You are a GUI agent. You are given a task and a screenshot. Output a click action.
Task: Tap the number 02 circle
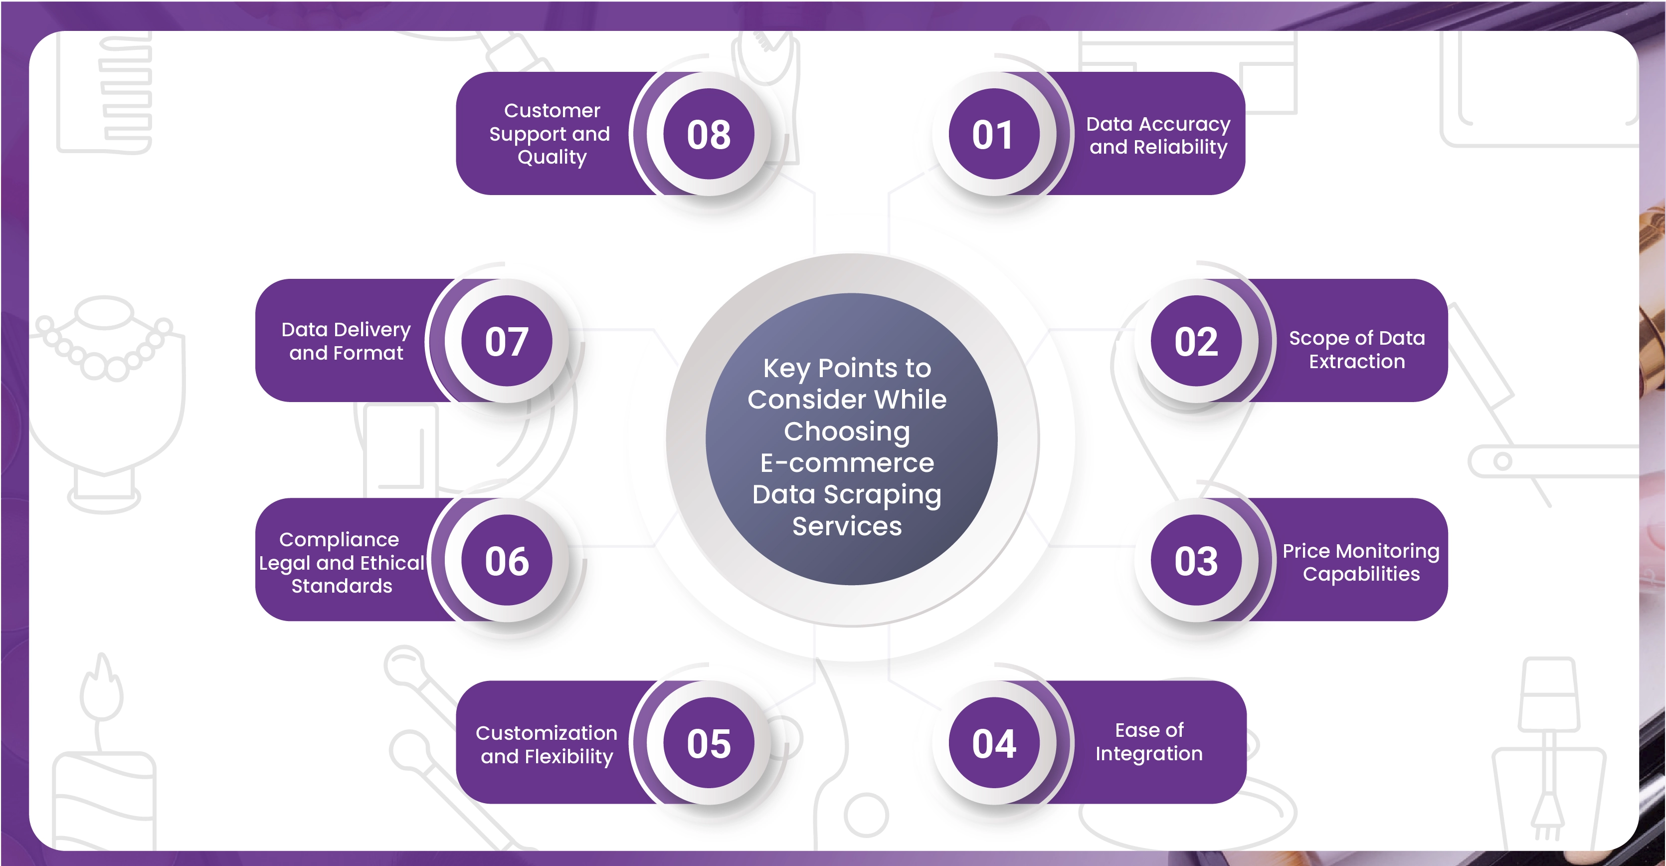(1196, 341)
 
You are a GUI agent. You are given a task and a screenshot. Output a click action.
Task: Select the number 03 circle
(1196, 560)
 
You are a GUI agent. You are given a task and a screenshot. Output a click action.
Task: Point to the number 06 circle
(507, 560)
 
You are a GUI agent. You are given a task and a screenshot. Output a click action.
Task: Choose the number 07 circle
(507, 341)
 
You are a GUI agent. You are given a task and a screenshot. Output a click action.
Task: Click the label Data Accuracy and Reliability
(1158, 135)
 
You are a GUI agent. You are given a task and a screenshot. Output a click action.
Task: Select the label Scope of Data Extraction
(1357, 349)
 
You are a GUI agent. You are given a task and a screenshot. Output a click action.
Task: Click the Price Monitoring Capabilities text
(1361, 562)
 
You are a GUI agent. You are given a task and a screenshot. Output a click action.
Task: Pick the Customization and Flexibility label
(547, 744)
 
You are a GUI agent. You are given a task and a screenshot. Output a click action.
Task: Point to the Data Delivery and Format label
(346, 341)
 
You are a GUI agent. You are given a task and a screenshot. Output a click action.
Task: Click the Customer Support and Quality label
(550, 134)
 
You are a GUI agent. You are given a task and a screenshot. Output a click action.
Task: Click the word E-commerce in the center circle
(847, 462)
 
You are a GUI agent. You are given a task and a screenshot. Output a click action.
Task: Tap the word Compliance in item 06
(339, 539)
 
